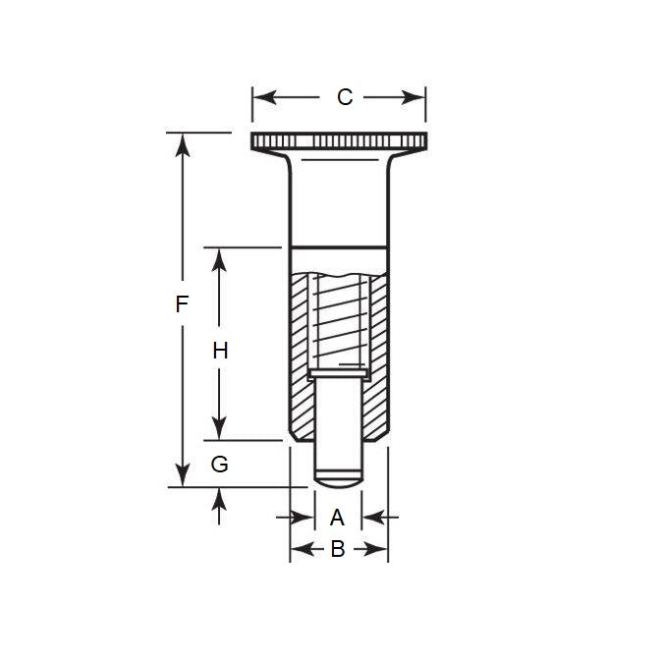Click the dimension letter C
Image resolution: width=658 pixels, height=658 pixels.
coord(344,97)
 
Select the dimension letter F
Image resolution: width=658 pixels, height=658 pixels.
coord(181,304)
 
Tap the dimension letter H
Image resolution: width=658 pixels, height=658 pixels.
coord(220,351)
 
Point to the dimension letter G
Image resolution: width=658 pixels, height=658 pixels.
coord(220,465)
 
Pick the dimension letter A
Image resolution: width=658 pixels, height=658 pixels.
coord(337,517)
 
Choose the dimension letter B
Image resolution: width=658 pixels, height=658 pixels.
coord(337,550)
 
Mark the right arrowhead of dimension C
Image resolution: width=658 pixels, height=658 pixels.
coord(416,97)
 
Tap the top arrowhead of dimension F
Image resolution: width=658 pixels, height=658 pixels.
coord(181,143)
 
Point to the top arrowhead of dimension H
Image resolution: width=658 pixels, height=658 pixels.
coord(220,258)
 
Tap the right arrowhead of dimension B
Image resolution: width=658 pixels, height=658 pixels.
coord(379,550)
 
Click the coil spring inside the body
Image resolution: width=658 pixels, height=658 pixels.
coord(339,319)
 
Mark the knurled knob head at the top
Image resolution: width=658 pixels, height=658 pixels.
coord(339,141)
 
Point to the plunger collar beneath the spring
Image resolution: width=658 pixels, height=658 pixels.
coord(339,373)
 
